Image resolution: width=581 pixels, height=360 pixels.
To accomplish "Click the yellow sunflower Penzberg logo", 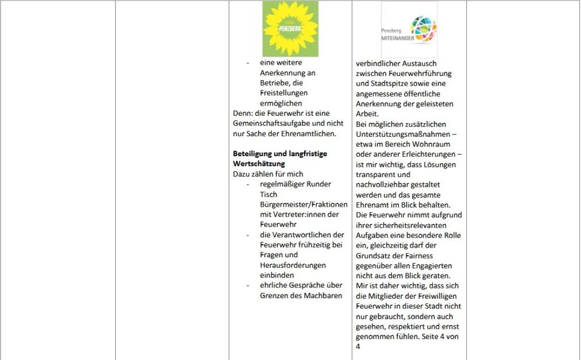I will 290,28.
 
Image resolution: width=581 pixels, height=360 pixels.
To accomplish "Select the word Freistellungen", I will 284,93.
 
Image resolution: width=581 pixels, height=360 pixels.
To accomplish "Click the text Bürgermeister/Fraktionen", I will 304,204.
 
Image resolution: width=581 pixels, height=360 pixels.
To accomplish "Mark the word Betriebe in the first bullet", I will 274,83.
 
